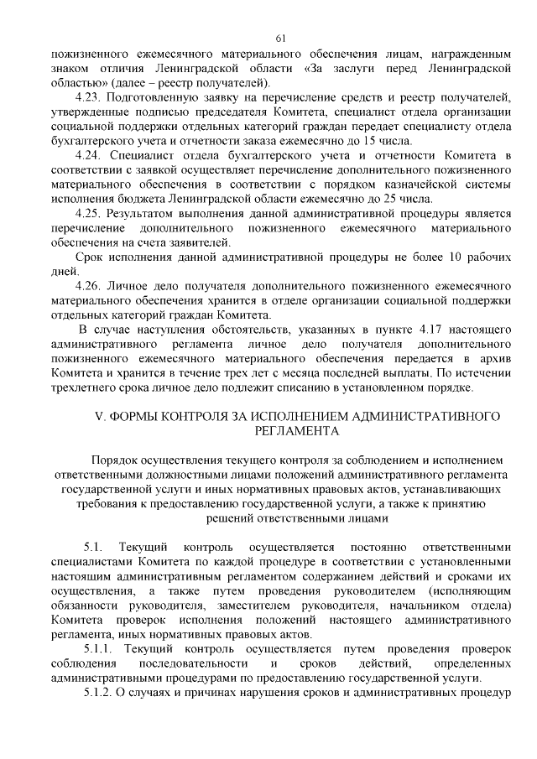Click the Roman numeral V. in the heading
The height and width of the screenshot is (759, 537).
coord(106,415)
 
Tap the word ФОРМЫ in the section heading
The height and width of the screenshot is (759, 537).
coord(143,415)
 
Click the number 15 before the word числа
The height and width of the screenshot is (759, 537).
coord(433,141)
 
